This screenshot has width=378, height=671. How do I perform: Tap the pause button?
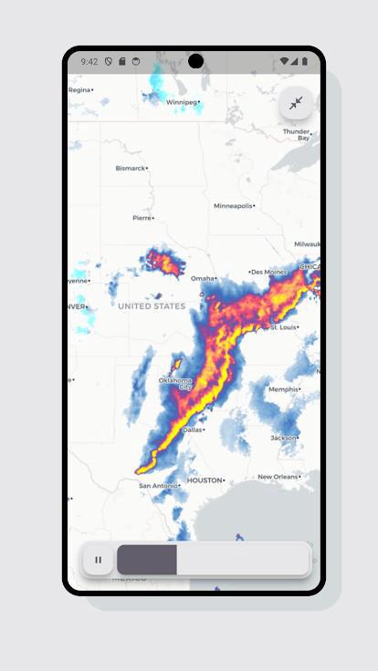(99, 560)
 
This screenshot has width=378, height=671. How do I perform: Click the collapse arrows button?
(296, 103)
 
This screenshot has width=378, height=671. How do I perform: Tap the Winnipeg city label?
(183, 102)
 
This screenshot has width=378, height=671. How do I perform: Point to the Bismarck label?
(130, 168)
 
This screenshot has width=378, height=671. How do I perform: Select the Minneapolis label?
(233, 206)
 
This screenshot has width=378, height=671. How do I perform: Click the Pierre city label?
(142, 218)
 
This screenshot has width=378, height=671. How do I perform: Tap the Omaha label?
(203, 278)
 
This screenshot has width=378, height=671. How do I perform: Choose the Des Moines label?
(269, 272)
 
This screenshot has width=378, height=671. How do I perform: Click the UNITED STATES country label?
(152, 306)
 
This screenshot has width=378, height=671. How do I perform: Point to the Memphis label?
(284, 389)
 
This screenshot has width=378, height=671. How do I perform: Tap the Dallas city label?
(193, 429)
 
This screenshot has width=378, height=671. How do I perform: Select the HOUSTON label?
(205, 480)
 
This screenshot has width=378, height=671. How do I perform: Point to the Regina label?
(80, 90)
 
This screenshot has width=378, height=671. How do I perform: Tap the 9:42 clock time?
(89, 62)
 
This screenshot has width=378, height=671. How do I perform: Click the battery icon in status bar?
(305, 62)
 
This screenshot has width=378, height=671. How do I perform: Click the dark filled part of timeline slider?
(147, 560)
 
